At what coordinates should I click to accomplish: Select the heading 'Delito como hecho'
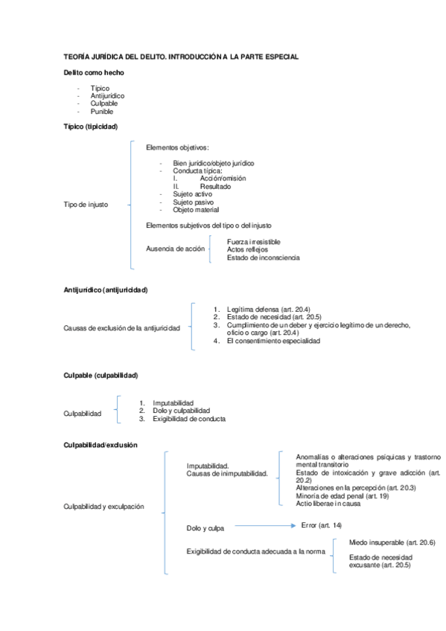(94, 72)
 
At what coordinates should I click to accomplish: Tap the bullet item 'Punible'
(103, 112)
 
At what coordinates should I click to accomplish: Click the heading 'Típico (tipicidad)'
(91, 127)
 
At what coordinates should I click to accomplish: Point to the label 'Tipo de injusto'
(86, 205)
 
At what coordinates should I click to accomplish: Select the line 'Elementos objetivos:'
(178, 147)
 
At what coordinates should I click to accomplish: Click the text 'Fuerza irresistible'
(254, 241)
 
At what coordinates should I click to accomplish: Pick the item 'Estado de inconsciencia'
(263, 257)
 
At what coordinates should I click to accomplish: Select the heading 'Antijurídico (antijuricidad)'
(106, 289)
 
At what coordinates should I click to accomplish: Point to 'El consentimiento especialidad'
(273, 341)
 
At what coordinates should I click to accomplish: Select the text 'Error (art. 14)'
(322, 525)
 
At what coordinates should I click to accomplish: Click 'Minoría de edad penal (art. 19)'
(342, 496)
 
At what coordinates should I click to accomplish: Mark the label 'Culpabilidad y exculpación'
(104, 507)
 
